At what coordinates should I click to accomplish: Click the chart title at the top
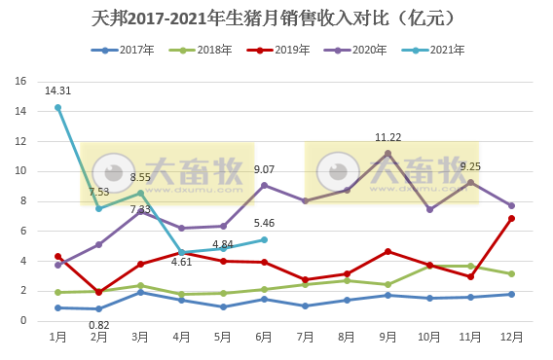tap(276, 18)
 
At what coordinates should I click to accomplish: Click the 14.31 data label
tap(57, 91)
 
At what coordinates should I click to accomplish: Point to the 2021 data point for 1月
tap(57, 107)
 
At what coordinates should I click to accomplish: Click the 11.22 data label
tap(388, 137)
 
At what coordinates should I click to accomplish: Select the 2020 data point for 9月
tap(388, 153)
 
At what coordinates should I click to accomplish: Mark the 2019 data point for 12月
tap(512, 218)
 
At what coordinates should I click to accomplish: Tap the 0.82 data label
tap(98, 324)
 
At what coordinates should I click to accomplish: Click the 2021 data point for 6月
tap(264, 239)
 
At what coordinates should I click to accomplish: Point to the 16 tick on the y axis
tap(20, 82)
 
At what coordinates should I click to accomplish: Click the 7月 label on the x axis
tap(305, 336)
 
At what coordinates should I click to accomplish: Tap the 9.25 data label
tap(470, 166)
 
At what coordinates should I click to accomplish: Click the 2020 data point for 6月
tap(264, 185)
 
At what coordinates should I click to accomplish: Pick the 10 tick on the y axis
tap(20, 171)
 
